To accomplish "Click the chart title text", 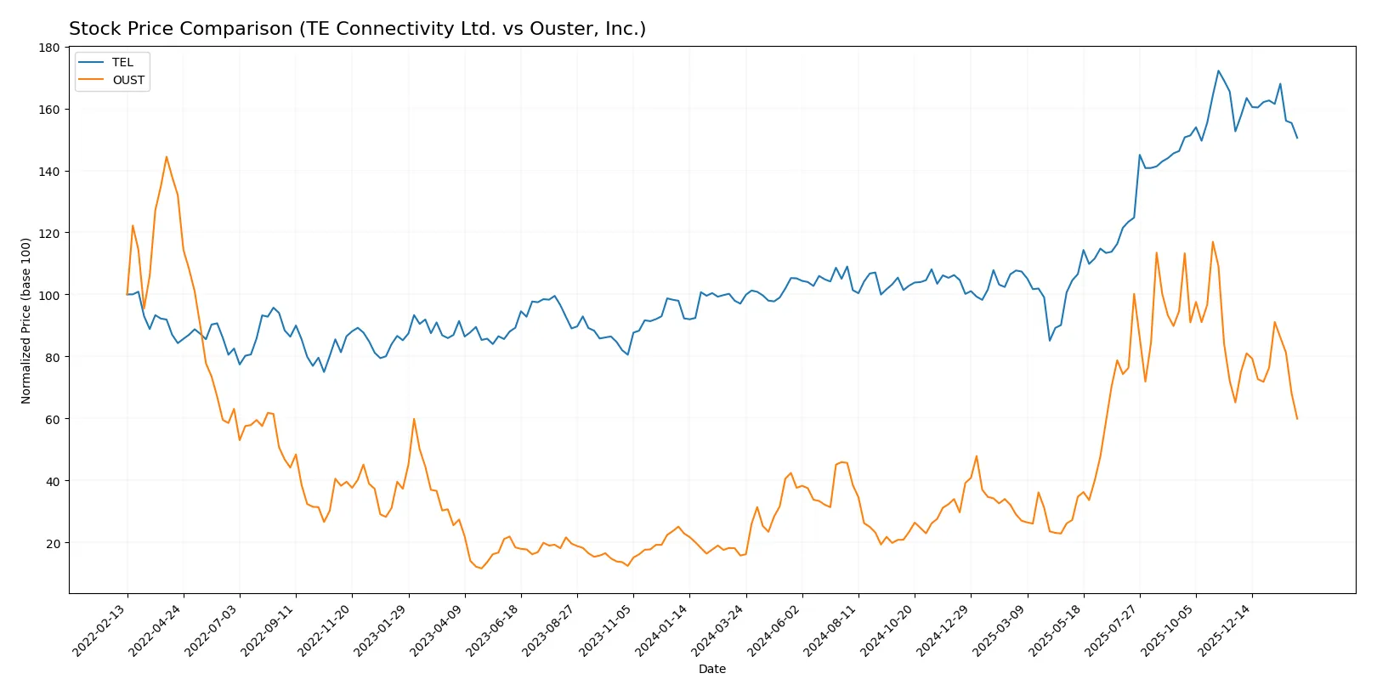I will point(357,29).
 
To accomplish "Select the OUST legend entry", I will point(128,80).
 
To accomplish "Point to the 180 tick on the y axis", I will point(49,48).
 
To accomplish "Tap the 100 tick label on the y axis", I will point(49,295).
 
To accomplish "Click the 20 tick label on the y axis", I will point(53,543).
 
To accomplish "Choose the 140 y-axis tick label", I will point(49,172).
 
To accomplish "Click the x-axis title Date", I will point(711,669).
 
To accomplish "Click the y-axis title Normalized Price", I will point(25,320).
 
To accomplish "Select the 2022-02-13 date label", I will point(99,631).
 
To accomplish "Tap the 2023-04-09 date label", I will point(437,631).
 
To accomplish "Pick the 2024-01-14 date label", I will point(662,631).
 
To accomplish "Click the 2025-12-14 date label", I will point(1225,631).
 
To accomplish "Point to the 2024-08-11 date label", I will point(830,631).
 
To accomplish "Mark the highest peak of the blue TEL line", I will point(1218,71).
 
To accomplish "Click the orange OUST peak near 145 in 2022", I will point(167,156).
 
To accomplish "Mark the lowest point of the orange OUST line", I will point(481,569).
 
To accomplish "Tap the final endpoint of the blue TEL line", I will point(1297,138).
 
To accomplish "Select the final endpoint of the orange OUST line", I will point(1297,419).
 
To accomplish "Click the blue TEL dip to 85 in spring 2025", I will point(1050,341).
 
